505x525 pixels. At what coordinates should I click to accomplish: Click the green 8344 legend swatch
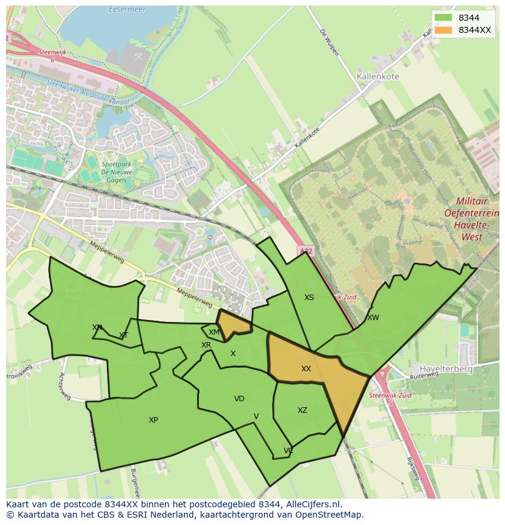click(x=443, y=18)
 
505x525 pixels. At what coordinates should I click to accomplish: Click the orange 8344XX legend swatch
click(x=443, y=30)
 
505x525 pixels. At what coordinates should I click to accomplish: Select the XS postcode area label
click(x=309, y=298)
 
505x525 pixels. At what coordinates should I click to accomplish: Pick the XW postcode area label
click(x=373, y=318)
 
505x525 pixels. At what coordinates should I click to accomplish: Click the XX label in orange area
click(x=306, y=369)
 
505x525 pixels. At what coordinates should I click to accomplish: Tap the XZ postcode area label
click(x=303, y=410)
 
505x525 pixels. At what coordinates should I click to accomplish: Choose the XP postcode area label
click(x=153, y=420)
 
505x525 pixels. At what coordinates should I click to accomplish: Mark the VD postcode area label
click(x=239, y=399)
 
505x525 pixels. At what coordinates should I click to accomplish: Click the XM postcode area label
click(x=213, y=332)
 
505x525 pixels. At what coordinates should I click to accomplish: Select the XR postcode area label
click(x=206, y=345)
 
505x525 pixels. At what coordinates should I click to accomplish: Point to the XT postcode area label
click(x=124, y=335)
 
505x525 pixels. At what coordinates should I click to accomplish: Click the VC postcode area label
click(x=288, y=451)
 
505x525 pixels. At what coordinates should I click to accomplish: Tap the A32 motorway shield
click(x=306, y=251)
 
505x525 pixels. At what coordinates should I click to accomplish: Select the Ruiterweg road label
click(x=424, y=377)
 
